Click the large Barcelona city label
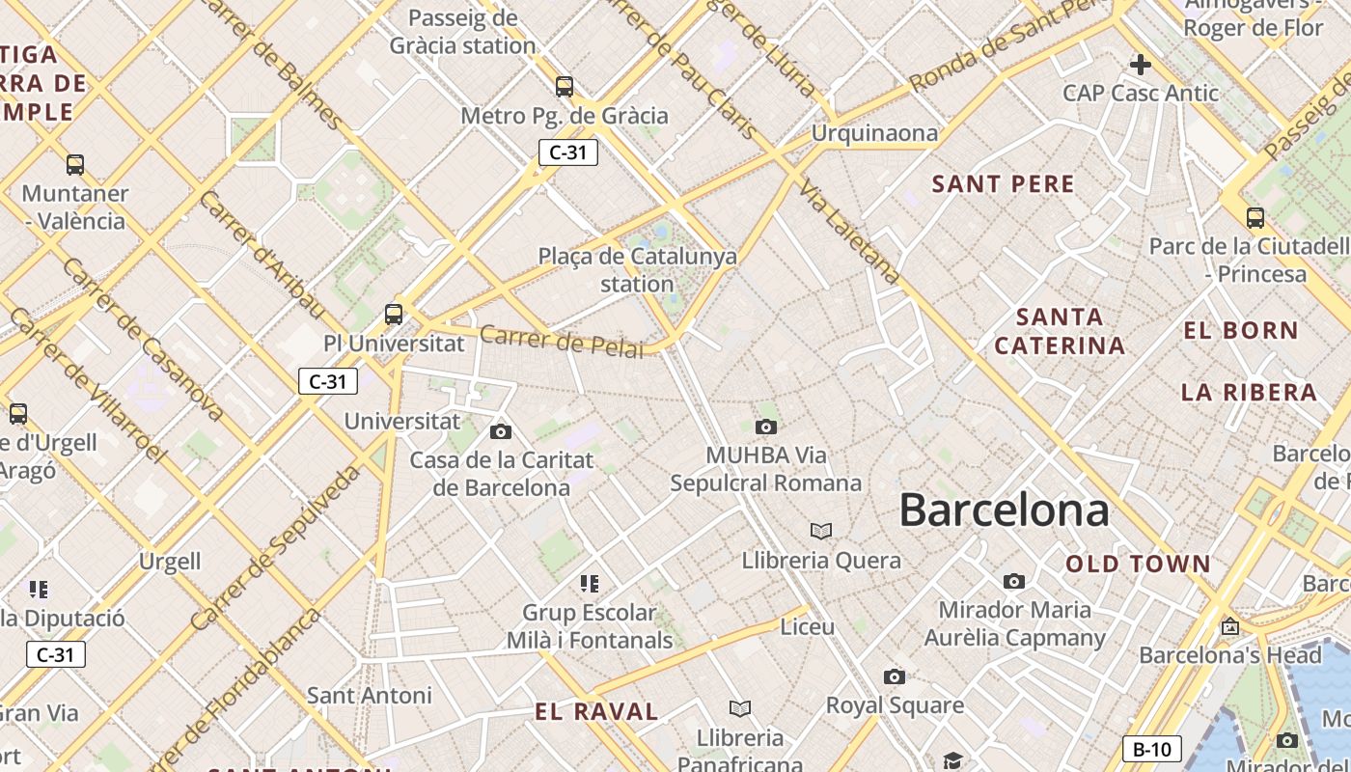tap(1004, 510)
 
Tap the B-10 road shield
tap(1151, 749)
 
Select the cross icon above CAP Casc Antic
tap(1141, 65)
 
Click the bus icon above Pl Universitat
tap(394, 314)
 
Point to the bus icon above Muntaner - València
tap(75, 164)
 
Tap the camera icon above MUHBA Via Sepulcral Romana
tap(766, 427)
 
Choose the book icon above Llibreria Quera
tap(821, 531)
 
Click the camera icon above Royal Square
tap(895, 676)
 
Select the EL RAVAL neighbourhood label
tap(596, 712)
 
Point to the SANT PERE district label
tap(1003, 184)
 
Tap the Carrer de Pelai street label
tap(561, 342)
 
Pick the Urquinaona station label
tap(874, 133)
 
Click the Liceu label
tap(807, 626)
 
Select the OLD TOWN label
tap(1138, 564)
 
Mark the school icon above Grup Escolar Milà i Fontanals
tap(590, 583)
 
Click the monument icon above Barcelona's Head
tap(1229, 626)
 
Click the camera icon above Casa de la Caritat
tap(501, 431)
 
